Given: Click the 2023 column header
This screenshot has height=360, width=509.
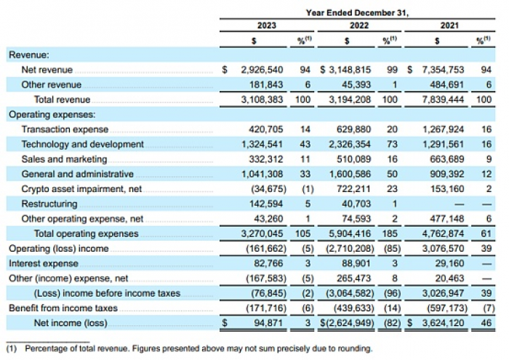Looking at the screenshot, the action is click(267, 25).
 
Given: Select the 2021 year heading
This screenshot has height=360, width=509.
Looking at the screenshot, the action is click(449, 25).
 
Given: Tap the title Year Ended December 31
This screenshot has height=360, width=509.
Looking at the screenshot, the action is click(357, 13).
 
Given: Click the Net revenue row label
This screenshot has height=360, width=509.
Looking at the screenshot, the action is click(47, 70).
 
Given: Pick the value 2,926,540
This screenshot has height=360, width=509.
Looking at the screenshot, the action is click(262, 70).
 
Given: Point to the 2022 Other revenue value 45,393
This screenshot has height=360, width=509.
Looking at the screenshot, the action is click(356, 84).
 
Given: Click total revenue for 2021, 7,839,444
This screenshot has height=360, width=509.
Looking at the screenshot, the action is click(443, 100).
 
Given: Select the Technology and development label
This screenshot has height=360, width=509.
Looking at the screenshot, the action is click(82, 144).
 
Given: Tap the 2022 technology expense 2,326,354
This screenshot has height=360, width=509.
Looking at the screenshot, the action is click(350, 144).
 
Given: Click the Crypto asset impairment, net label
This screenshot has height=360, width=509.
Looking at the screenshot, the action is click(81, 189).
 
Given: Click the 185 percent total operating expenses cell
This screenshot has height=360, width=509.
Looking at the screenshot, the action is click(390, 233).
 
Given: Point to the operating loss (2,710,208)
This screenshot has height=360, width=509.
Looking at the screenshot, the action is click(350, 249).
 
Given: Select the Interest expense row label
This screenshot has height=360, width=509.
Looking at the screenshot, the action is click(44, 263).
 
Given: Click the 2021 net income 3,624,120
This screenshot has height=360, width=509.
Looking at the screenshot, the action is click(443, 323).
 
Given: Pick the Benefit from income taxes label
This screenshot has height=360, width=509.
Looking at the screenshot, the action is click(63, 308).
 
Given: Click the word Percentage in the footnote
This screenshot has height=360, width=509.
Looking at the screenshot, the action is click(45, 349).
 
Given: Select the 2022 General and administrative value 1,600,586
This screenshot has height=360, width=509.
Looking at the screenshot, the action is click(350, 174).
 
